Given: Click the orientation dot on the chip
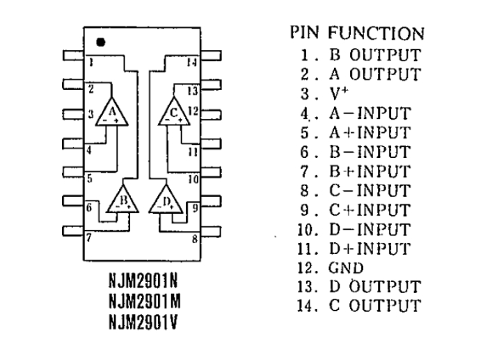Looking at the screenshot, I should click(101, 42).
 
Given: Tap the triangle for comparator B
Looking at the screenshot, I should click(123, 201).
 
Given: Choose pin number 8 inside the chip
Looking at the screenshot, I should click(194, 238).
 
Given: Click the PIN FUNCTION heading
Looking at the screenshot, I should click(356, 33).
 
